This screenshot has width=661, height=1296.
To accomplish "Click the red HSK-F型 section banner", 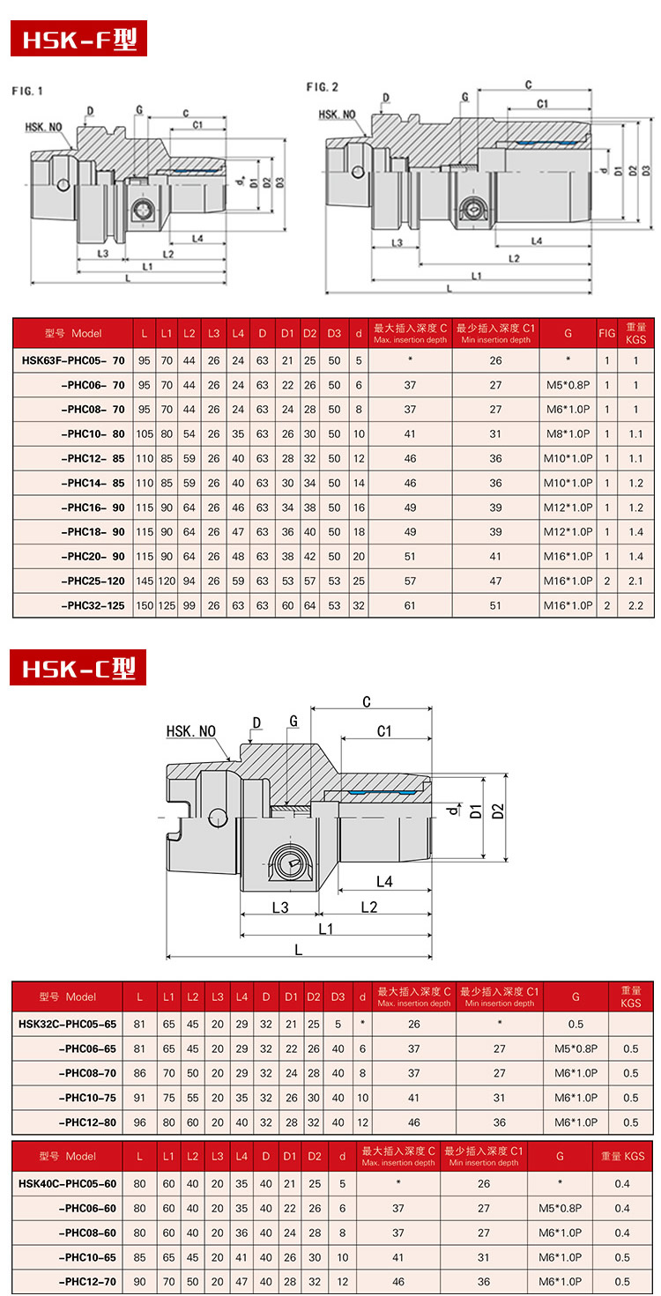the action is click(78, 38).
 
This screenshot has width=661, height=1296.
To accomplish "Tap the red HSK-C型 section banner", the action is click(78, 667).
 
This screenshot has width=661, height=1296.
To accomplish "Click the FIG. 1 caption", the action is click(27, 91).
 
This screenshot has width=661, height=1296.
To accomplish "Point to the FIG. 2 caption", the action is click(323, 87).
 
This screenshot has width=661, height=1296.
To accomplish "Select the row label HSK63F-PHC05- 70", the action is click(73, 360).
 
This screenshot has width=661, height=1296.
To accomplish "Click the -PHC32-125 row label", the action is click(93, 606).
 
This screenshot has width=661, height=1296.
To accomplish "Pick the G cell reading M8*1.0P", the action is click(568, 434).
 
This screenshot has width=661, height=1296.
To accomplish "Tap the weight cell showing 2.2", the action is click(635, 606).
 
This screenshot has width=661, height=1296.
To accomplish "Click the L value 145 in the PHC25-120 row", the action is click(145, 581).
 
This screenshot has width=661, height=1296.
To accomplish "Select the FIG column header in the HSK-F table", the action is click(606, 333).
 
